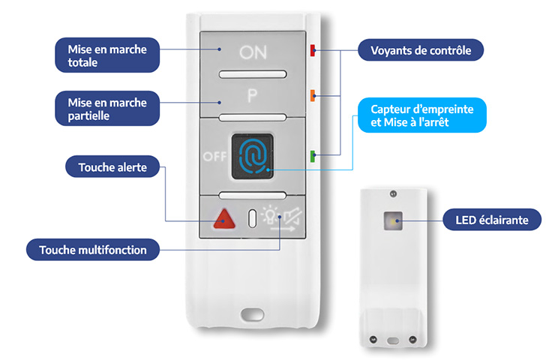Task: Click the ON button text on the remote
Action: click(253, 52)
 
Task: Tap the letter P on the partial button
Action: click(253, 95)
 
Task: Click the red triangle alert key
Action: click(223, 219)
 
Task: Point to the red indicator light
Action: click(313, 51)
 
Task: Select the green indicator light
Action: click(312, 156)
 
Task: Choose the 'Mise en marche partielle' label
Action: click(107, 109)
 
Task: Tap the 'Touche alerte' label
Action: click(112, 166)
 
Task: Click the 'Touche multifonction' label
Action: click(93, 250)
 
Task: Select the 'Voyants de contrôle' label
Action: click(420, 51)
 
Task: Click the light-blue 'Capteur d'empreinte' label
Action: click(420, 115)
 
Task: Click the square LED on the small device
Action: click(391, 221)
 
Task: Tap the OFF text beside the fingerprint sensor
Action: click(214, 156)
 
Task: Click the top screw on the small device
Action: click(391, 194)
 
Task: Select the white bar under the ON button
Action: click(253, 74)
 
